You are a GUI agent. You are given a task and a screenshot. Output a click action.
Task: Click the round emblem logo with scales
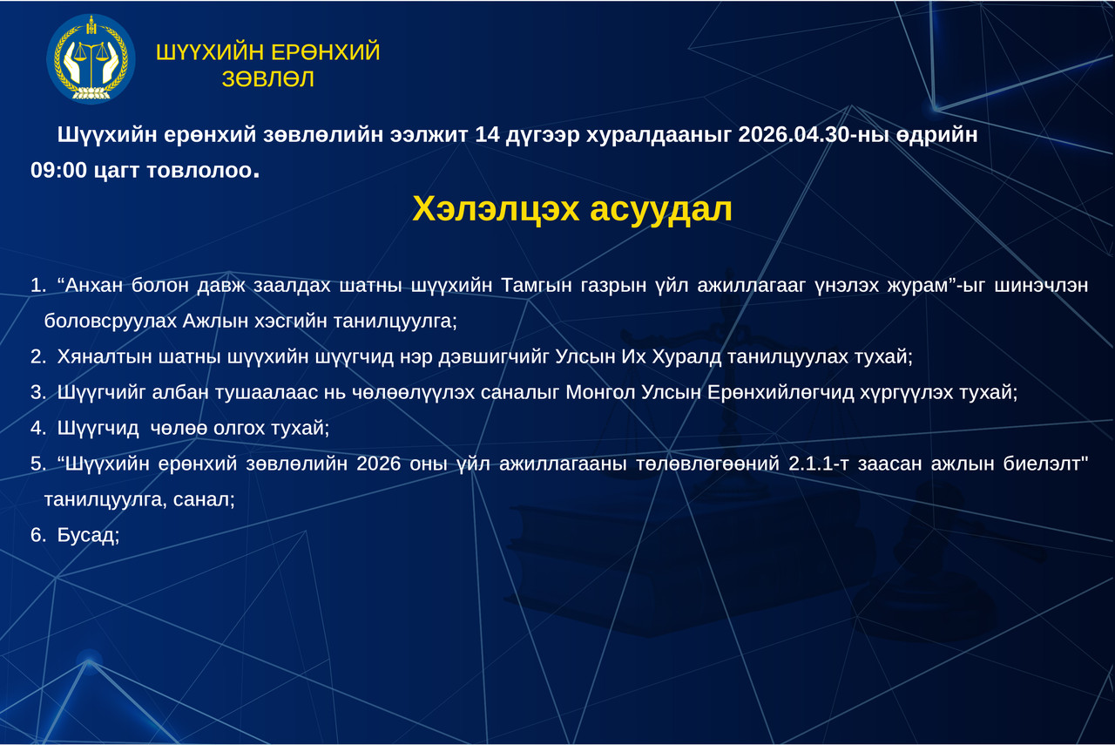(x=91, y=59)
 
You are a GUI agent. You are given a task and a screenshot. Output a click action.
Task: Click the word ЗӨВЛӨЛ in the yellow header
(x=267, y=79)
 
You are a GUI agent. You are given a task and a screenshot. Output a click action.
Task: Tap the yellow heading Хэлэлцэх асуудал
(x=571, y=209)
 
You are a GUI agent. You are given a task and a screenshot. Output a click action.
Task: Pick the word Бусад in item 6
(x=88, y=535)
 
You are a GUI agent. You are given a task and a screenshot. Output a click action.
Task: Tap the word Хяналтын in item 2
(x=93, y=357)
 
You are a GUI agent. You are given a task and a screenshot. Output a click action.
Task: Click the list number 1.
(x=37, y=286)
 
